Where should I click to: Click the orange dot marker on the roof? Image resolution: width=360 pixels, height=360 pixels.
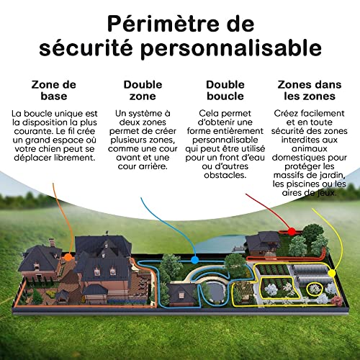coord(68,257)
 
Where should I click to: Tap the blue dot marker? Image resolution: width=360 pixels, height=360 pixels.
coord(194,260)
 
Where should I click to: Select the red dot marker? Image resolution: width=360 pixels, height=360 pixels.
coord(292,231)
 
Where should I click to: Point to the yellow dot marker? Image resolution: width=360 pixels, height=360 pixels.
coord(332,273)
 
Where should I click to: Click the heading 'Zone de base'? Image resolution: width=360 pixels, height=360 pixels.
coord(54,90)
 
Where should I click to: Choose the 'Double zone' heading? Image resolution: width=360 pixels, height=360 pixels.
coord(143,90)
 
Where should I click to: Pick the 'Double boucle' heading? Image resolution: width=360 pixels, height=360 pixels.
coord(225,90)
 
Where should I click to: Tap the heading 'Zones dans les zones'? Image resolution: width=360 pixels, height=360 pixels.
coord(310,90)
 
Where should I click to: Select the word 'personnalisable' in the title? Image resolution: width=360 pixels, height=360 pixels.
coord(231,49)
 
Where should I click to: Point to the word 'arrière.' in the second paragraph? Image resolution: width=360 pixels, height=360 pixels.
coord(154,166)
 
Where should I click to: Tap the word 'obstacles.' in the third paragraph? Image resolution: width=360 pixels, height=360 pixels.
coord(225,175)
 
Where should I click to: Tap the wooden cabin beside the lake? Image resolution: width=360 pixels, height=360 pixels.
coord(263,243)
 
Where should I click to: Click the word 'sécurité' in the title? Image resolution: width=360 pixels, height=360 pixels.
coord(86,48)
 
